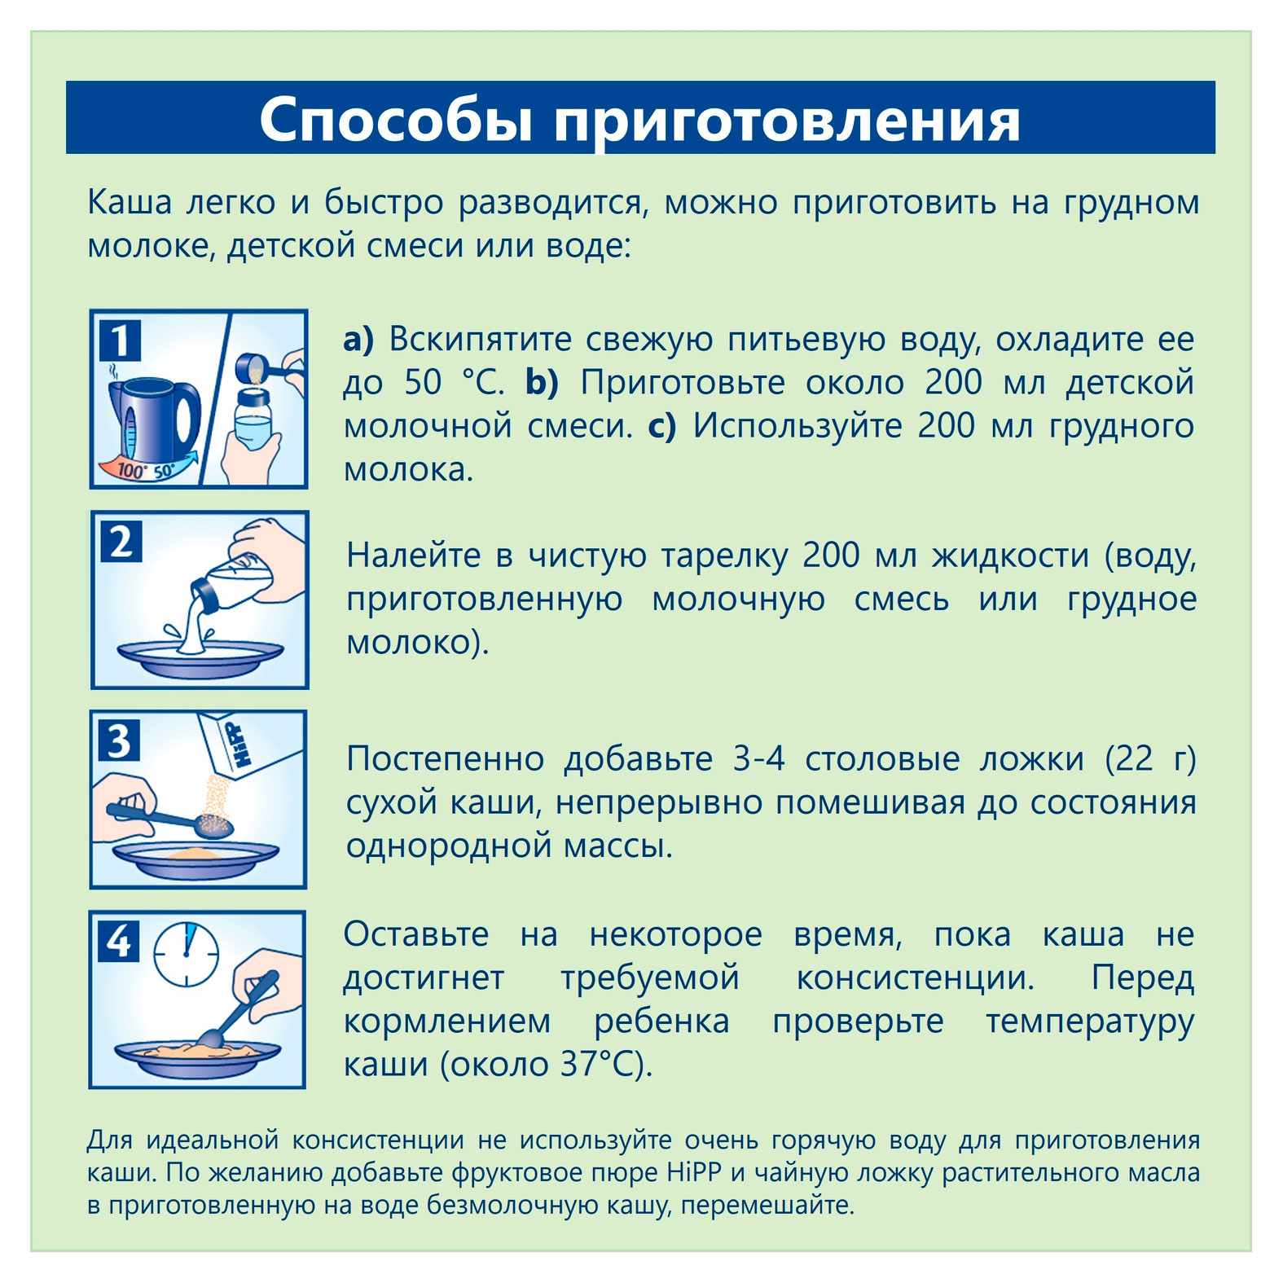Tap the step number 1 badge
pyautogui.click(x=120, y=341)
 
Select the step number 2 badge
pyautogui.click(x=121, y=542)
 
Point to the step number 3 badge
pyautogui.click(x=120, y=741)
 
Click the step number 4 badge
pyautogui.click(x=119, y=942)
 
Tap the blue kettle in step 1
pyautogui.click(x=155, y=420)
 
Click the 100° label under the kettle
pyautogui.click(x=130, y=470)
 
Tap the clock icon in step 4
pyautogui.click(x=187, y=954)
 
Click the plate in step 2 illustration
pyautogui.click(x=200, y=656)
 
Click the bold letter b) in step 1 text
pyautogui.click(x=542, y=382)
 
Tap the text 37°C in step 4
pyautogui.click(x=599, y=1064)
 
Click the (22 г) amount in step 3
pyautogui.click(x=1150, y=759)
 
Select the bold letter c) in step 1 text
pyautogui.click(x=661, y=426)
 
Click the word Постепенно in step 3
pyautogui.click(x=445, y=759)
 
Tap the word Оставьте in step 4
pyautogui.click(x=415, y=934)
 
